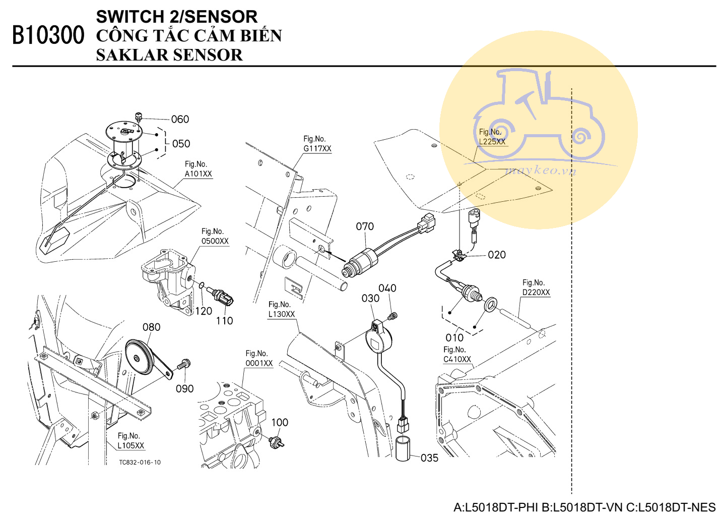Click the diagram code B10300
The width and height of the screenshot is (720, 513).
[48, 35]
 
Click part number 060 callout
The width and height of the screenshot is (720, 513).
[180, 120]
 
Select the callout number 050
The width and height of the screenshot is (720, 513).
[181, 144]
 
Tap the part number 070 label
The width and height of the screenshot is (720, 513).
[365, 226]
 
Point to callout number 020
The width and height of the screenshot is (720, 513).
[496, 255]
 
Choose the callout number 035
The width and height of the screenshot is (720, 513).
[429, 458]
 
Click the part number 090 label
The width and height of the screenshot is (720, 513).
[184, 388]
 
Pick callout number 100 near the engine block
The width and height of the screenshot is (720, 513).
[280, 422]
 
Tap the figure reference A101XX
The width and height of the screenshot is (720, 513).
[199, 174]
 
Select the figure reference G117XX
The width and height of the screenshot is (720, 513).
[317, 149]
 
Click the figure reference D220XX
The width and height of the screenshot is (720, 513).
[536, 293]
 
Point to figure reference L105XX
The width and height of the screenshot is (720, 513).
[131, 446]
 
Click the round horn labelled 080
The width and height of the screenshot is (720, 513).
[139, 357]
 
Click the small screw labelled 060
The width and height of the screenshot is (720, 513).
[139, 118]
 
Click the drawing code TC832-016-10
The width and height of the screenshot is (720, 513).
[140, 463]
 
